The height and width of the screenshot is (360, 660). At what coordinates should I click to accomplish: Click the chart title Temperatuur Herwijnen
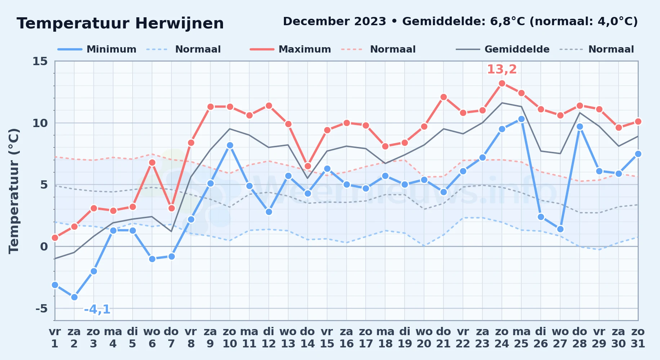[x=120, y=24]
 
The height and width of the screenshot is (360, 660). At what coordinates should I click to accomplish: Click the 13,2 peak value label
[x=502, y=69]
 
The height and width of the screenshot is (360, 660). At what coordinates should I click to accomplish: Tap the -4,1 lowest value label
[x=97, y=309]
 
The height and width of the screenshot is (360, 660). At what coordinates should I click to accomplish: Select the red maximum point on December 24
[x=502, y=83]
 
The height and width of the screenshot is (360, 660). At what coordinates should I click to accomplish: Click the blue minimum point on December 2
[x=74, y=297]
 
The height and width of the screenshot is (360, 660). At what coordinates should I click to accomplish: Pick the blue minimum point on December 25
[x=521, y=119]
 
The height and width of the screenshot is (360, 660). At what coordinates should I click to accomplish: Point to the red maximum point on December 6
[x=152, y=162]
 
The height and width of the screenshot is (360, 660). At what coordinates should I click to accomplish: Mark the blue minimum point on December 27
[x=560, y=229]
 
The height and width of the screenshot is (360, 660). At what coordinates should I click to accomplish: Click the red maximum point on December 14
[x=308, y=166]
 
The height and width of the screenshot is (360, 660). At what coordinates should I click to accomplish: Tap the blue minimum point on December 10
[x=230, y=145]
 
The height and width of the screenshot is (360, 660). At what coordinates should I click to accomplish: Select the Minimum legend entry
[x=97, y=49]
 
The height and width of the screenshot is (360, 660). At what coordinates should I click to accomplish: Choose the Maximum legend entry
[x=290, y=49]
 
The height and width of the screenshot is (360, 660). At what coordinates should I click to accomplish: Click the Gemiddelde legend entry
[x=503, y=49]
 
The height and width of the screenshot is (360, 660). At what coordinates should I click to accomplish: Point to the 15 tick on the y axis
[x=40, y=61]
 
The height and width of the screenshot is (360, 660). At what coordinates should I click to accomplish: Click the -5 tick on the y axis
[x=41, y=309]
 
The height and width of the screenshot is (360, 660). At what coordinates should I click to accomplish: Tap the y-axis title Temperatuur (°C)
[x=14, y=191]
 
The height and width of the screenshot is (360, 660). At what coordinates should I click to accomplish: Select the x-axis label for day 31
[x=638, y=337]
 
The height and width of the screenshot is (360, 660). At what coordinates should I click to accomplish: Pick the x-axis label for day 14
[x=308, y=337]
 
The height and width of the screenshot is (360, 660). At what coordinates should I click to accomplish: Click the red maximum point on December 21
[x=443, y=97]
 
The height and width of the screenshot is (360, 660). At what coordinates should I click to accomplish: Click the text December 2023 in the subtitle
[x=334, y=21]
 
